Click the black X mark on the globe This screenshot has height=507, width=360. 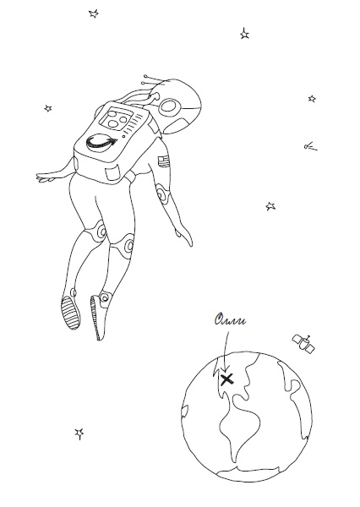point(227,379)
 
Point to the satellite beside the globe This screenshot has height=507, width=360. point(303,343)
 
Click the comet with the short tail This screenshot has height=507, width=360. point(310,147)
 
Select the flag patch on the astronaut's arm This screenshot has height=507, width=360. point(164,161)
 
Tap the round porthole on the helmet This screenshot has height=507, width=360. point(170,106)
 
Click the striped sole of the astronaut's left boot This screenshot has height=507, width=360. point(71,313)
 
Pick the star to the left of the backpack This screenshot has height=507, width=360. point(48,108)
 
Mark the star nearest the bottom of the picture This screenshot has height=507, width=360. point(79,433)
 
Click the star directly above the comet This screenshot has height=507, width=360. point(312,98)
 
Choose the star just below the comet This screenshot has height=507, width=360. point(270,206)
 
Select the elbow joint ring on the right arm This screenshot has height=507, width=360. point(161,194)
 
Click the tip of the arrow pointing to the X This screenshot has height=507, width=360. point(226,373)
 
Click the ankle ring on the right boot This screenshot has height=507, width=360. point(105,297)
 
